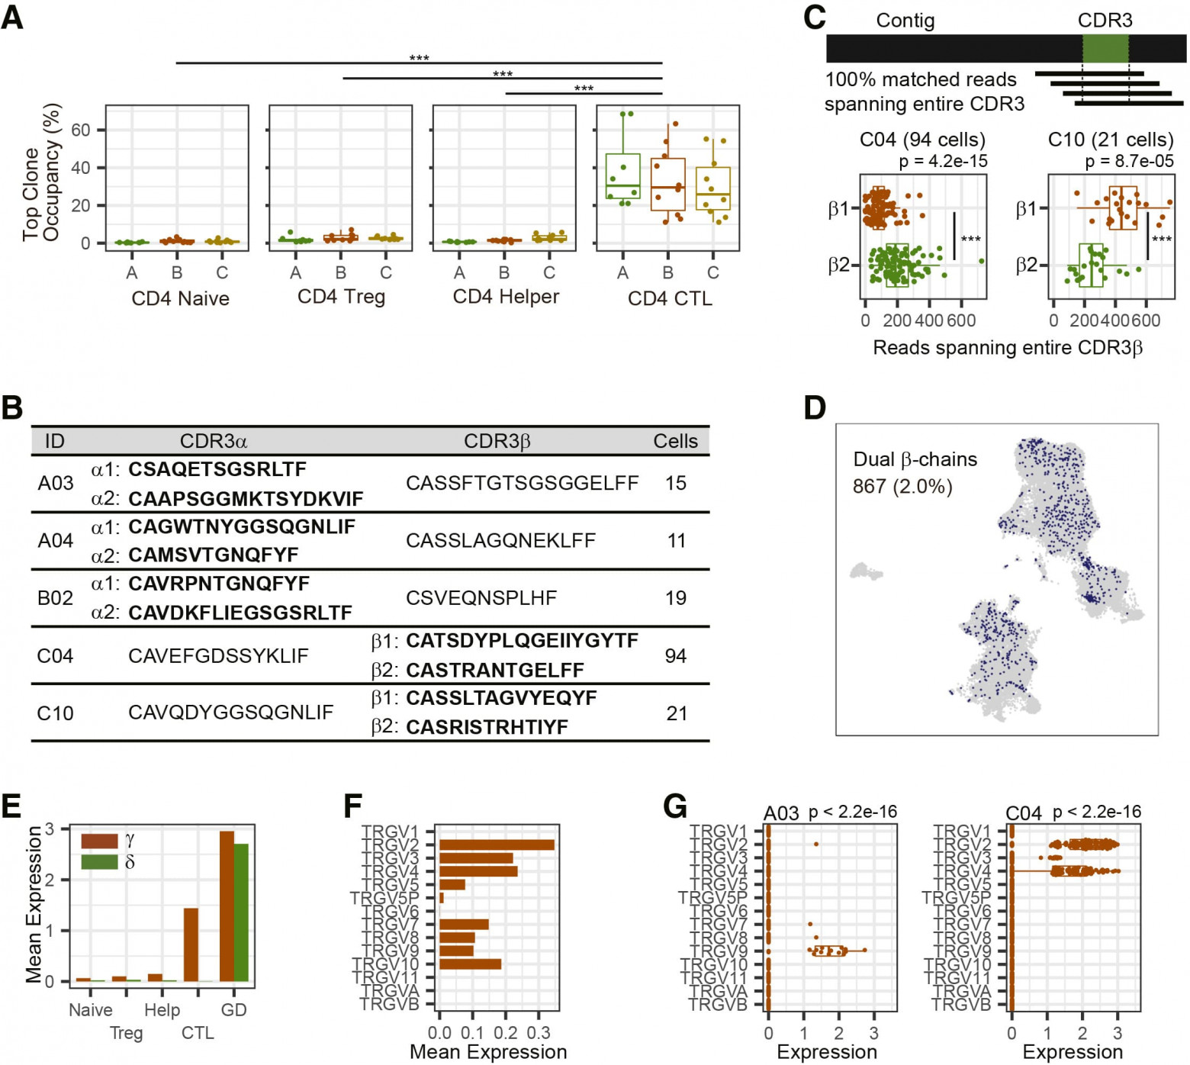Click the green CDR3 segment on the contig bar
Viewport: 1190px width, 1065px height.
click(1105, 48)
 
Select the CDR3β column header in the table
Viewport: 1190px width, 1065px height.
click(497, 441)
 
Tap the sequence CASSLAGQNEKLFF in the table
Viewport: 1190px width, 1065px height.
click(500, 540)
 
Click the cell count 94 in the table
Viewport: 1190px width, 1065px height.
click(676, 655)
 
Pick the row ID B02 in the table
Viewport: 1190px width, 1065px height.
click(55, 597)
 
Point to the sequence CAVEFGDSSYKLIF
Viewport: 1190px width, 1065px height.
click(218, 655)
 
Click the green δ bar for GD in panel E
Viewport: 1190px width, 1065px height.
click(241, 912)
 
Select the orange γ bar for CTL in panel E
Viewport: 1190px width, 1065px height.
click(191, 944)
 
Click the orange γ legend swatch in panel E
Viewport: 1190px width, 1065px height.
click(99, 840)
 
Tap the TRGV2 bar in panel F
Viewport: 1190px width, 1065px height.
click(497, 845)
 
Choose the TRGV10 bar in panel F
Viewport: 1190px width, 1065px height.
click(470, 964)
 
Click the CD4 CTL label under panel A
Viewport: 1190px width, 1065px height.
click(670, 298)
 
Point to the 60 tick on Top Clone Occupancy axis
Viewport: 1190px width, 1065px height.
click(80, 130)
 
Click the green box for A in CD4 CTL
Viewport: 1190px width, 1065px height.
click(623, 176)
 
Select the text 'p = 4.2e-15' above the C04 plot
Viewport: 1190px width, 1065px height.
click(943, 161)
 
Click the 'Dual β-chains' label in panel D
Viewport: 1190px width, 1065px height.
click(915, 459)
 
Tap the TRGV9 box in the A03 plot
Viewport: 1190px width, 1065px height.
click(829, 951)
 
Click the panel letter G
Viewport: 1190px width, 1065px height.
click(676, 806)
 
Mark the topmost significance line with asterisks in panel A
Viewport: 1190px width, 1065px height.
click(419, 62)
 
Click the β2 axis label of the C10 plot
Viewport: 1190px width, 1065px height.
click(1027, 265)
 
